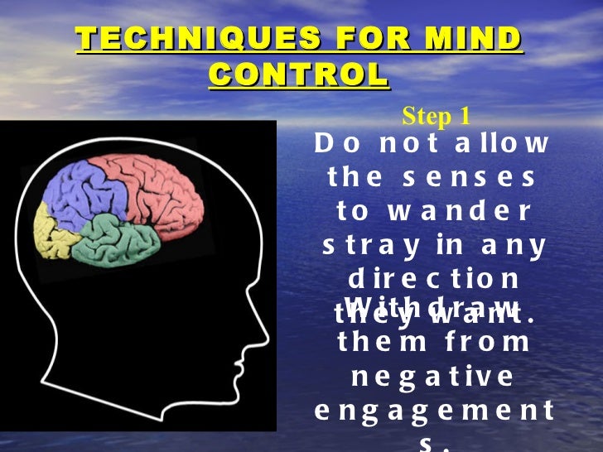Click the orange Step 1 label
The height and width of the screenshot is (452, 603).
tap(437, 117)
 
